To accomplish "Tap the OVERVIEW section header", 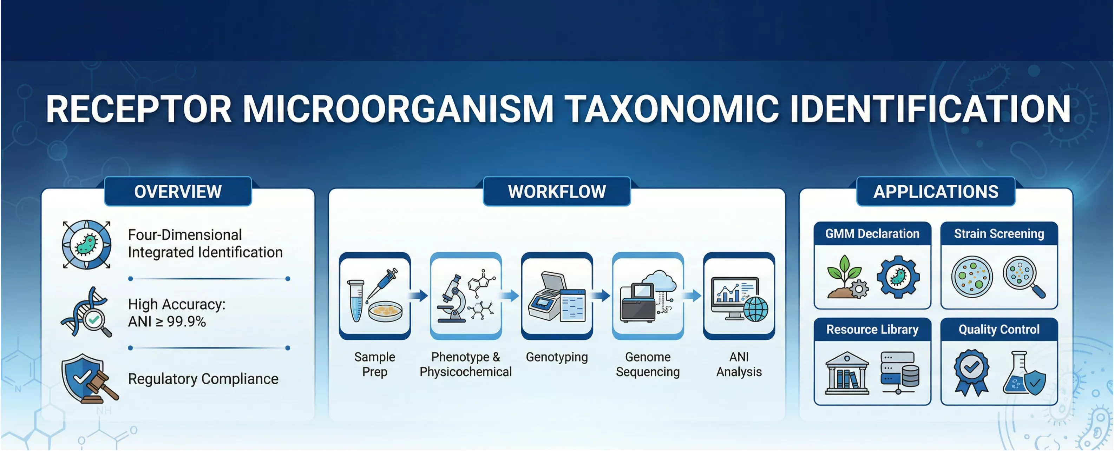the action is pos(178,191).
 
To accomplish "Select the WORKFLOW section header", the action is pos(557,191).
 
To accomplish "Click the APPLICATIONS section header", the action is pos(936,191).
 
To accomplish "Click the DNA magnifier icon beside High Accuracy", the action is pos(86,312).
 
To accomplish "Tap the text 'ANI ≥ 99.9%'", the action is pos(167,322).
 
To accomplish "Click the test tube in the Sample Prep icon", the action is pos(356,301).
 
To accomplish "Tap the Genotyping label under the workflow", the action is pos(557,357).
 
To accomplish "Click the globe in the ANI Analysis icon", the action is pos(756,309).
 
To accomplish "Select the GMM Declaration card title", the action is pos(872,234).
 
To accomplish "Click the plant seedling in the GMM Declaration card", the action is pos(844,277).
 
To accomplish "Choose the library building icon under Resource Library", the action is pos(847,373).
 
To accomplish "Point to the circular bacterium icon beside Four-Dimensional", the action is pos(86,245).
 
